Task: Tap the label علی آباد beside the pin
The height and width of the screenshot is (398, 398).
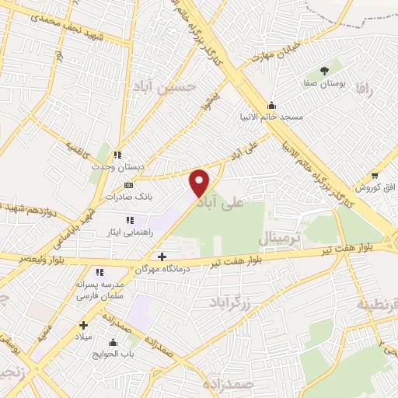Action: [222, 204]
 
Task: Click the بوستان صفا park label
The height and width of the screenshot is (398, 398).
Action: [323, 80]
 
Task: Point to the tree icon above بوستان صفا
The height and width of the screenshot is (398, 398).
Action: [323, 68]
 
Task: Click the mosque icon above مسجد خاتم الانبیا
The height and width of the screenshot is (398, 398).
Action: [271, 106]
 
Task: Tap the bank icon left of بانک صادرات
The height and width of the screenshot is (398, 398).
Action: [129, 186]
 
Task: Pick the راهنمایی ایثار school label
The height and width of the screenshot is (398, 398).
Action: [129, 232]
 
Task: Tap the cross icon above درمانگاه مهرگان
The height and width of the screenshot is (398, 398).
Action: [162, 257]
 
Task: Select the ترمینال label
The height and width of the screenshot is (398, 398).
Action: [278, 237]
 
